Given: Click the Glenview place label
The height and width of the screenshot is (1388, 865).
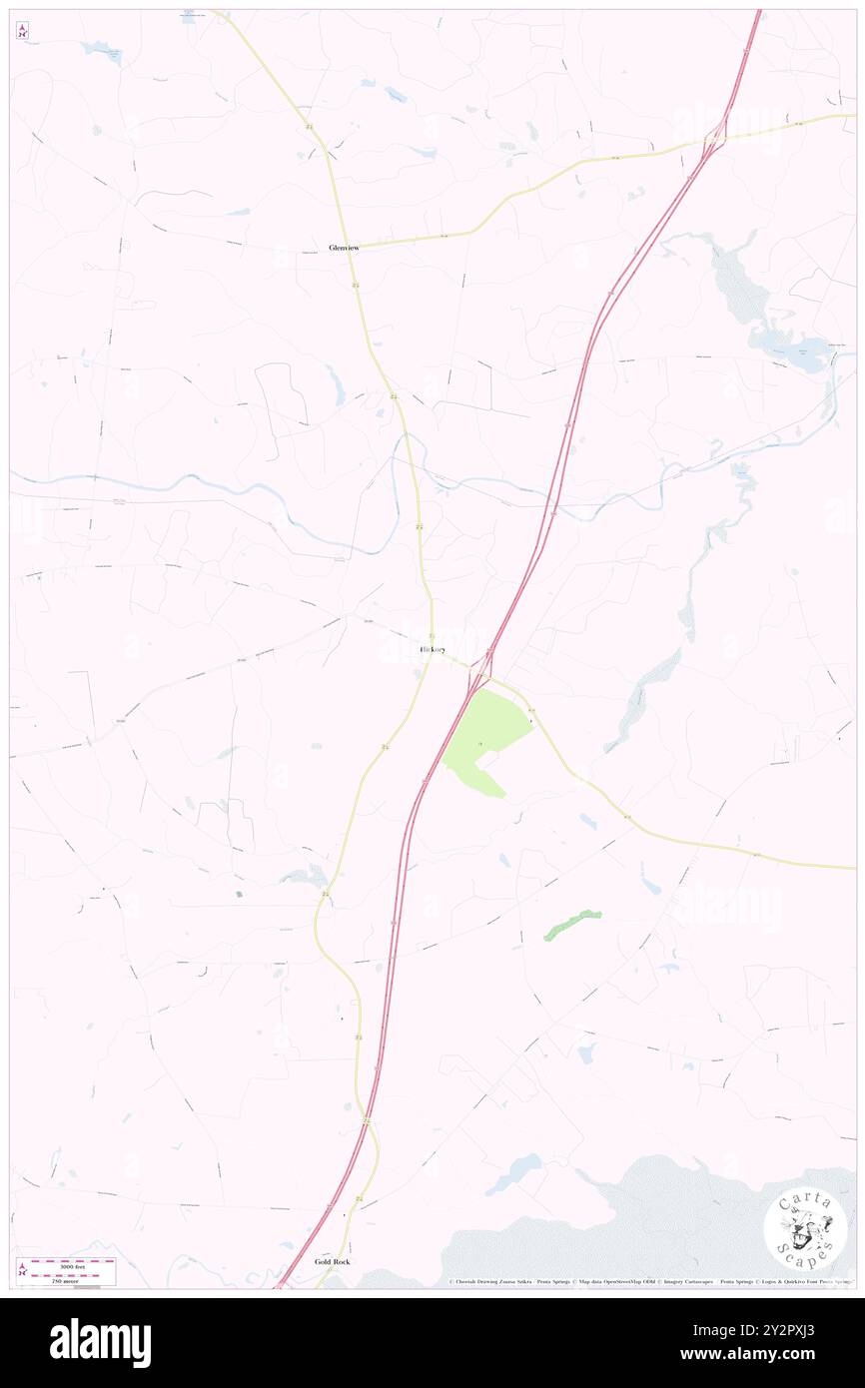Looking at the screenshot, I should (x=344, y=248).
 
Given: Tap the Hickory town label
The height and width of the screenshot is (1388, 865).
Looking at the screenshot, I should (x=432, y=650).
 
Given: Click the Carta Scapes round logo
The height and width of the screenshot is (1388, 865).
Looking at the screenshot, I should (x=805, y=1229).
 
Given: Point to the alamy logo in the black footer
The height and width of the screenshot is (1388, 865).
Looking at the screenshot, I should (x=100, y=1343).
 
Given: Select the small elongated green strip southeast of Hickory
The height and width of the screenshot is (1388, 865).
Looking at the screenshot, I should (x=572, y=925).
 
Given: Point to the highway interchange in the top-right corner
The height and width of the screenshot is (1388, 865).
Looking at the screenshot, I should (x=715, y=140).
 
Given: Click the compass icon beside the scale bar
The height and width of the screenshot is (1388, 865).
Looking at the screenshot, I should (x=23, y=1269).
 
